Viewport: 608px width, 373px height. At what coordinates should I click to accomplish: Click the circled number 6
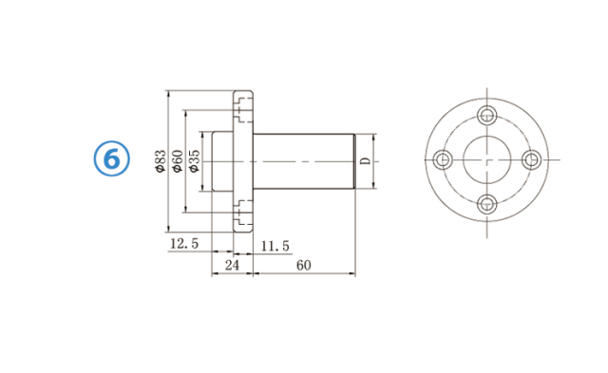tap(111, 159)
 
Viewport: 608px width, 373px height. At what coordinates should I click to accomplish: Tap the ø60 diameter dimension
tap(177, 160)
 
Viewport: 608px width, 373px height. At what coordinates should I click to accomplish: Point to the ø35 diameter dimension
tap(194, 160)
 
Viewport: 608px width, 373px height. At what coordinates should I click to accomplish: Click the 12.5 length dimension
tap(183, 245)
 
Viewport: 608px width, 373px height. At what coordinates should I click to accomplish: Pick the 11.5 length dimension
tap(275, 246)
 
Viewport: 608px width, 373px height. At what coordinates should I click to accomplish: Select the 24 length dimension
tap(231, 266)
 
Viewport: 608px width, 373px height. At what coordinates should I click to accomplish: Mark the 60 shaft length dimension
tap(304, 266)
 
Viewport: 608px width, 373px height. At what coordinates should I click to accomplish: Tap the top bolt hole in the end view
tap(487, 117)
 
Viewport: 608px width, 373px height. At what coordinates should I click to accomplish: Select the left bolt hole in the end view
tap(443, 160)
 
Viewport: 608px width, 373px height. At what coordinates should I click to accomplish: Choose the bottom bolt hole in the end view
tap(487, 203)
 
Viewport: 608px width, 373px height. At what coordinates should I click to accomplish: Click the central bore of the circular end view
tap(487, 160)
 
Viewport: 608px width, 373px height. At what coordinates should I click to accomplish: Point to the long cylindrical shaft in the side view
tap(304, 160)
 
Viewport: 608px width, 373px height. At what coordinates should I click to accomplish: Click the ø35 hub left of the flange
tap(220, 160)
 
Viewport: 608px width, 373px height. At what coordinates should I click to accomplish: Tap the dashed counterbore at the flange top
tap(243, 105)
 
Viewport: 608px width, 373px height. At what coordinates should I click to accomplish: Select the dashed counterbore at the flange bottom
tap(243, 215)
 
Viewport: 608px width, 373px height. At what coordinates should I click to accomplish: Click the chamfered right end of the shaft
tap(354, 160)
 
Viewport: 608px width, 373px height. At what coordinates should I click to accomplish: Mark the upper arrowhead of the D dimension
tap(377, 137)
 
